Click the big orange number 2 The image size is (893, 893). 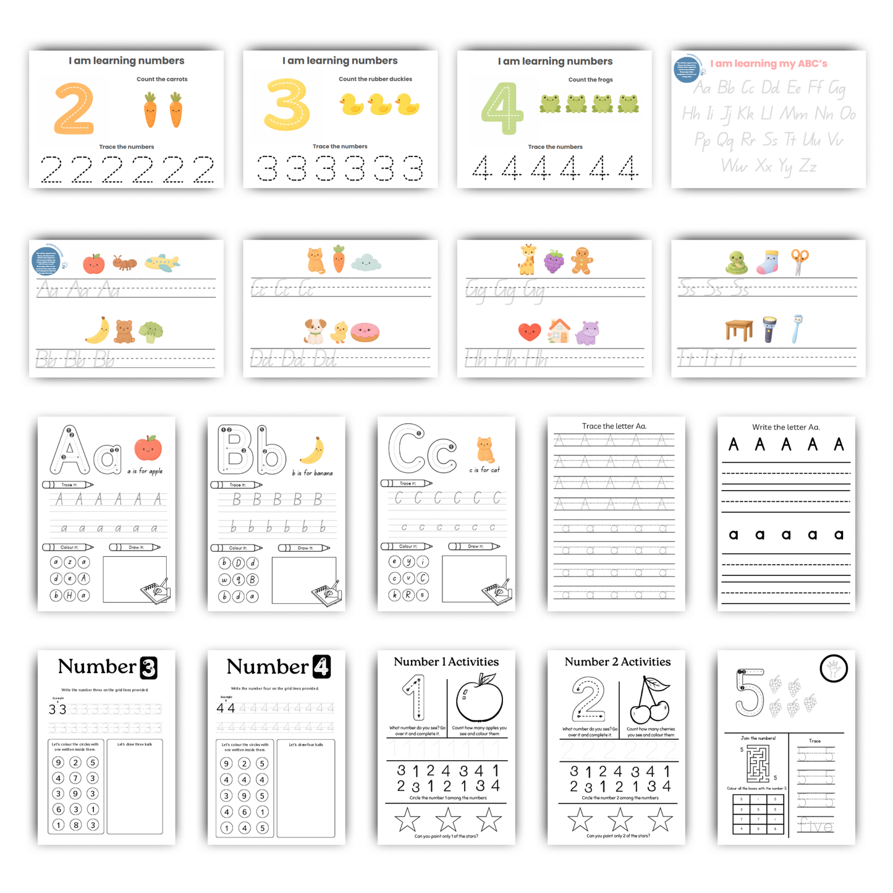pyautogui.click(x=74, y=109)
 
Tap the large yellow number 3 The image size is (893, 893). pyautogui.click(x=287, y=104)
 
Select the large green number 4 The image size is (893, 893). pyautogui.click(x=502, y=108)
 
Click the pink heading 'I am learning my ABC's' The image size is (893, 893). pyautogui.click(x=768, y=63)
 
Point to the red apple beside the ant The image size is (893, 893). pyautogui.click(x=94, y=263)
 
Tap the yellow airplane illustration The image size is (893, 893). pyautogui.click(x=162, y=263)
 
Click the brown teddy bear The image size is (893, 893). pyautogui.click(x=124, y=331)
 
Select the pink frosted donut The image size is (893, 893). pyautogui.click(x=365, y=332)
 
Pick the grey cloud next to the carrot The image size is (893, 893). pyautogui.click(x=366, y=263)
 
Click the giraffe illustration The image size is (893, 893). pyautogui.click(x=527, y=260)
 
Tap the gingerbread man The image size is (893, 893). pyautogui.click(x=581, y=260)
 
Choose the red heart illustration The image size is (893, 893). pyautogui.click(x=529, y=332)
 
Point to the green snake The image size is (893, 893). pyautogui.click(x=737, y=262)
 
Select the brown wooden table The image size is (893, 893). pyautogui.click(x=739, y=329)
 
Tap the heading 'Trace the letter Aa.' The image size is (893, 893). pyautogui.click(x=614, y=426)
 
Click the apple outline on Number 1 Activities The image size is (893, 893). pyautogui.click(x=480, y=698)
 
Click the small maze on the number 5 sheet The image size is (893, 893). pyautogui.click(x=758, y=764)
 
